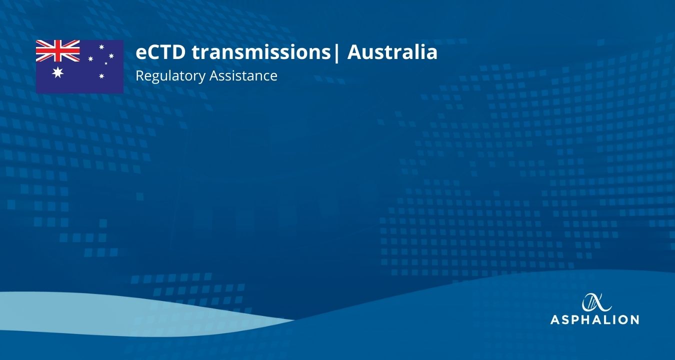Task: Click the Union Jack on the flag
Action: [58, 50]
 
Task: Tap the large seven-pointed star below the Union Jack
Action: [58, 73]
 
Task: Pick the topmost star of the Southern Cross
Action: [101, 47]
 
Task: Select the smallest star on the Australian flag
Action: [106, 63]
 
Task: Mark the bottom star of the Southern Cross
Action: [101, 76]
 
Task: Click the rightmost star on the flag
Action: [111, 55]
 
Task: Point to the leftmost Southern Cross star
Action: [90, 58]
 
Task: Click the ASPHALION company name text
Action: [594, 319]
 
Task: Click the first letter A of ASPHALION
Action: [555, 319]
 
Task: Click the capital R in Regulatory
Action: [139, 76]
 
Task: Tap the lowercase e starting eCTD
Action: [141, 53]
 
